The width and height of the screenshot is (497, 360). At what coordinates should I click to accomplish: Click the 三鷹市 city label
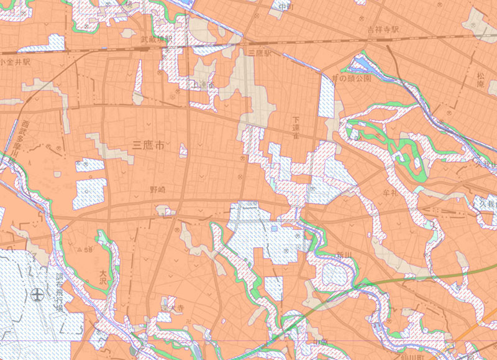149,147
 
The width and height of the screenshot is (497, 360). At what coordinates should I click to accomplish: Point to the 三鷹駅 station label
259,54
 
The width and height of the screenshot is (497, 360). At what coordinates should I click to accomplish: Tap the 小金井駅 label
15,62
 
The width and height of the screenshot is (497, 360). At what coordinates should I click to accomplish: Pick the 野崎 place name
158,189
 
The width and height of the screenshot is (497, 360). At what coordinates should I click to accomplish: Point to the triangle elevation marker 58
88,249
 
